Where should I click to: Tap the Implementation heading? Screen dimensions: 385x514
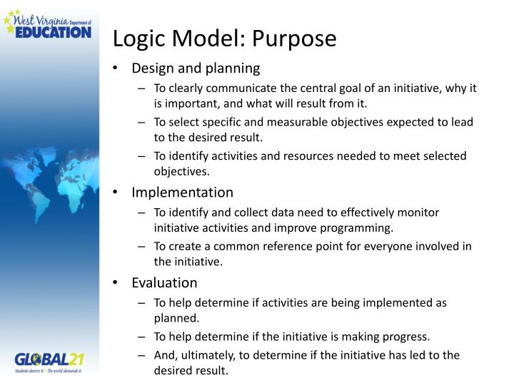coord(182,192)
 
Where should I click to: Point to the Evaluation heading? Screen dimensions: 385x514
coord(164,282)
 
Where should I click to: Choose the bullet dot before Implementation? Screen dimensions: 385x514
coord(116,192)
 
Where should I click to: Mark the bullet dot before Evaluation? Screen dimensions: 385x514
coord(116,282)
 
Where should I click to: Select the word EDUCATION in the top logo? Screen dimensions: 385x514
coord(54,31)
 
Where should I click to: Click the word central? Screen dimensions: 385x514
coord(321,88)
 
